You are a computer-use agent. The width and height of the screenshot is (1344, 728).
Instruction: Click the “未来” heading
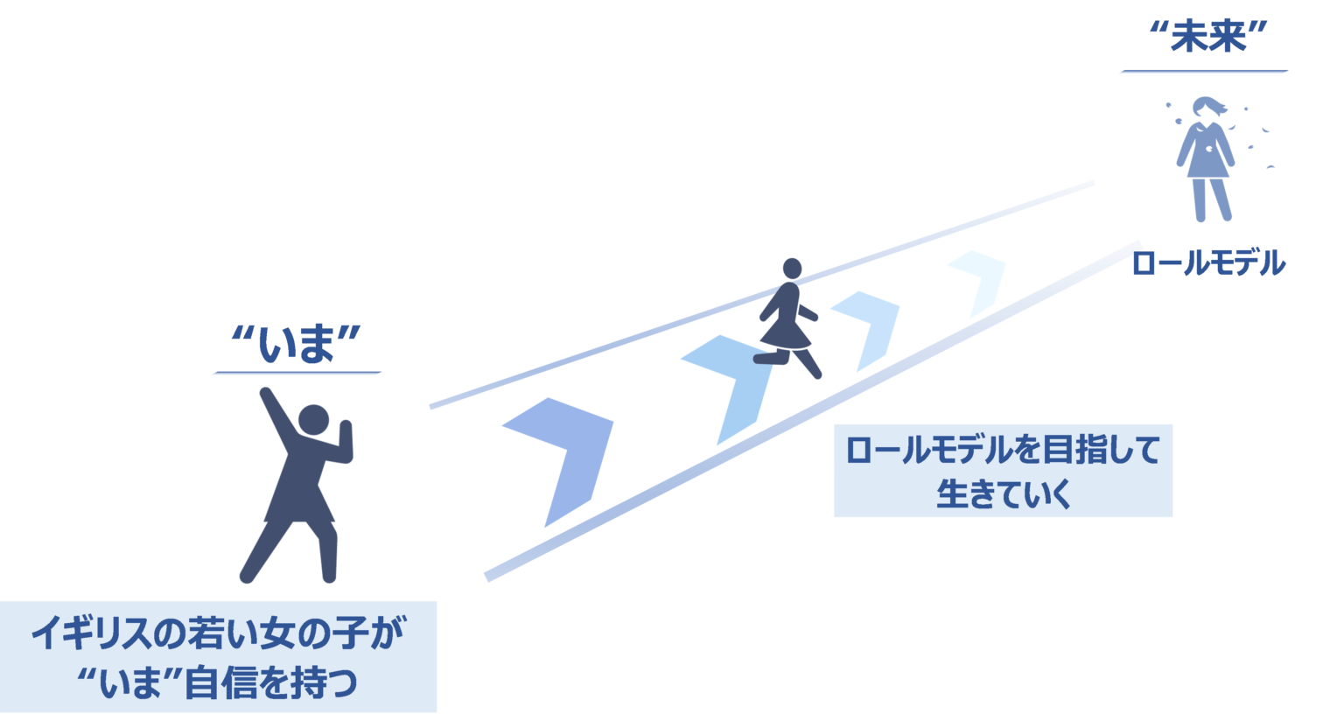[1207, 38]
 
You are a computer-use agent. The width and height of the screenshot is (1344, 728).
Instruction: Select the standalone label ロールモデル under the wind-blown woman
[1208, 263]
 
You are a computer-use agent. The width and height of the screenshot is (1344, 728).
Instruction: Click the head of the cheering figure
[314, 419]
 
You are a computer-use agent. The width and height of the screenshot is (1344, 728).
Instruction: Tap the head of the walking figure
[792, 269]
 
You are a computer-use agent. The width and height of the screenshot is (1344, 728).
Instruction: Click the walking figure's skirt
[786, 334]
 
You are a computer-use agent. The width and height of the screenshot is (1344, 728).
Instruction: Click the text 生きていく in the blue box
[1004, 493]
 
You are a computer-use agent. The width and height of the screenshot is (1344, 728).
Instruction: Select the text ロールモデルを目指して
[1004, 450]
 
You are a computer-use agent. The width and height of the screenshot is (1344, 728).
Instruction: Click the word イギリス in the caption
[91, 633]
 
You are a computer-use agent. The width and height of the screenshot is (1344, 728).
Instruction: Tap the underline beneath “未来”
[1205, 71]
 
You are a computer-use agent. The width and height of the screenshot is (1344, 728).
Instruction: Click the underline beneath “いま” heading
[297, 373]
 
